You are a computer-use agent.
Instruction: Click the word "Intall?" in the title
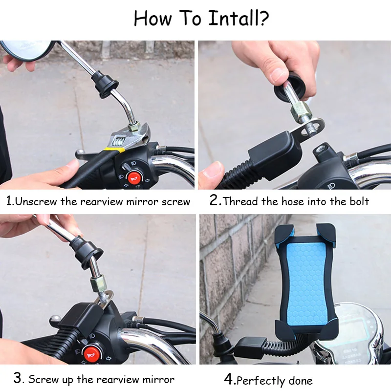tap(239, 18)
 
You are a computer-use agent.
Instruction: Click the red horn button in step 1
tap(134, 177)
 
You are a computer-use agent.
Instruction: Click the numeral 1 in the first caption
tap(9, 201)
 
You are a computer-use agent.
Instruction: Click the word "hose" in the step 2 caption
tap(293, 201)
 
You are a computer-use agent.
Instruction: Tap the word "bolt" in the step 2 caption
tap(359, 201)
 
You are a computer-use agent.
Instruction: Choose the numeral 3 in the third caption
tap(18, 378)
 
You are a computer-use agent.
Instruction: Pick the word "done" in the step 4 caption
tap(301, 381)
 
